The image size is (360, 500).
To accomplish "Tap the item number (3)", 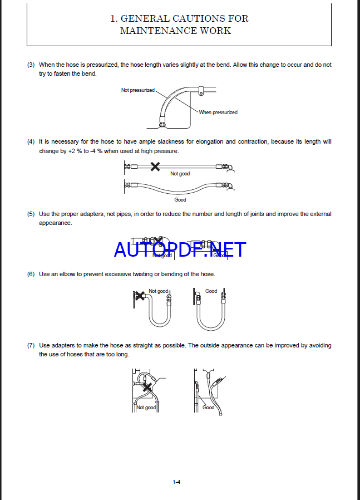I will pyautogui.click(x=31, y=65).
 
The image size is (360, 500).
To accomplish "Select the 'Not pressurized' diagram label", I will pyautogui.click(x=138, y=90).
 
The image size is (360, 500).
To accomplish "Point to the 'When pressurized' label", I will pyautogui.click(x=218, y=112).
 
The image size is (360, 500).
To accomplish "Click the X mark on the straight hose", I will pyautogui.click(x=156, y=166).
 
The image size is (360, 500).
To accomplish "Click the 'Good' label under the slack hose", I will pyautogui.click(x=180, y=200).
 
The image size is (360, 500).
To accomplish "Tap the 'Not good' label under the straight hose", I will pyautogui.click(x=180, y=174).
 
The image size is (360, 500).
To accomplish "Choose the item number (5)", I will pyautogui.click(x=31, y=214).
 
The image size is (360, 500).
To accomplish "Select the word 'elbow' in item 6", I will pyautogui.click(x=71, y=274).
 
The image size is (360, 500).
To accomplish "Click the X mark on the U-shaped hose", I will pyautogui.click(x=140, y=295).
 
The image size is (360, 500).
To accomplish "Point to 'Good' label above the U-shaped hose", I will pyautogui.click(x=211, y=291).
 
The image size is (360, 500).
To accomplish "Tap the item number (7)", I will pyautogui.click(x=31, y=345).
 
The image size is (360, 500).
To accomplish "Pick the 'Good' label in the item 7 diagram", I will pyautogui.click(x=208, y=408).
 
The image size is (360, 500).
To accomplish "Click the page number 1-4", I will pyautogui.click(x=176, y=482).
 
